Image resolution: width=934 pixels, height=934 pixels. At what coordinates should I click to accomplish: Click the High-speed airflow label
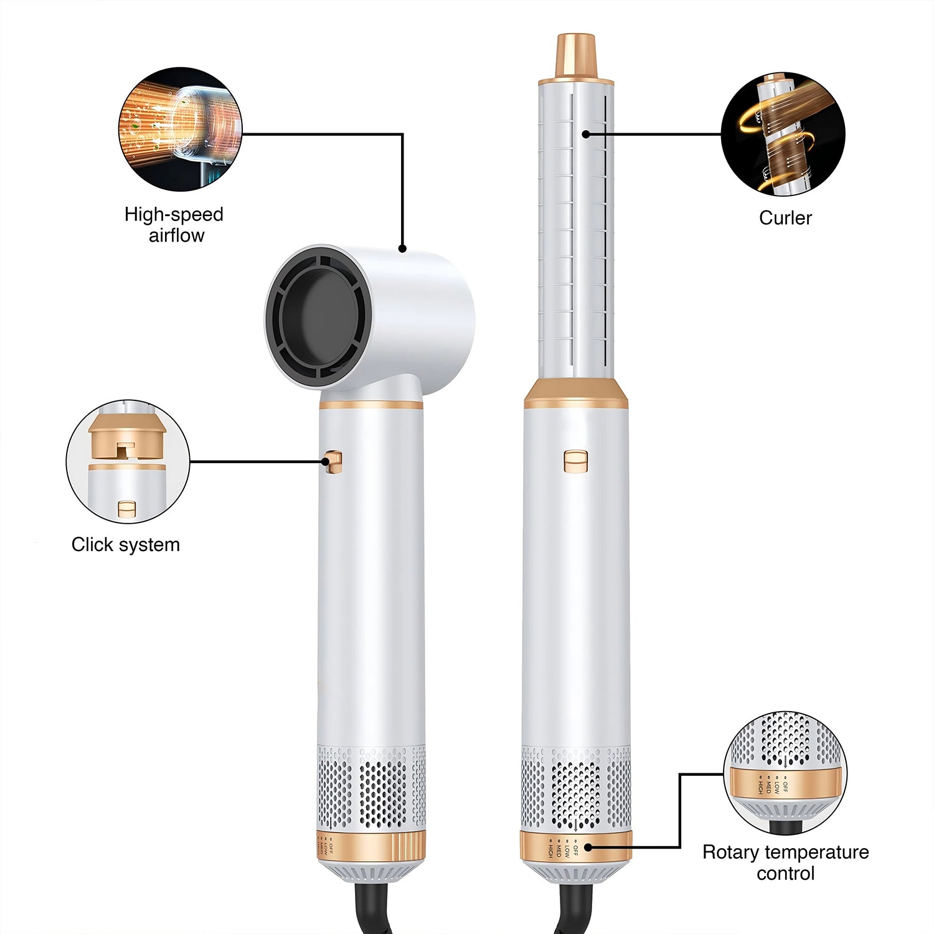pos(174,225)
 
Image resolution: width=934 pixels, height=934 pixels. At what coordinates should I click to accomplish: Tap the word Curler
pos(785,218)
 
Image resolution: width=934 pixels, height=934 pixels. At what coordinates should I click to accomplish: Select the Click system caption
pos(126,545)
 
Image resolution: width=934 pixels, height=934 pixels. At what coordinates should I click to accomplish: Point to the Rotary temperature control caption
pos(785,862)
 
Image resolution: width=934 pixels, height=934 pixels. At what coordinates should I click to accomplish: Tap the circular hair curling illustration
pos(783,134)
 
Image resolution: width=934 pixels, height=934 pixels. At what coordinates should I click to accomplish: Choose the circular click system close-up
pos(128,461)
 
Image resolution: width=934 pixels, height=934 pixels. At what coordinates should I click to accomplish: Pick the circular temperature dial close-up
pos(785,774)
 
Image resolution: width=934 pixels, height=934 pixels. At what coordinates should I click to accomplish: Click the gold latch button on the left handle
pos(334,461)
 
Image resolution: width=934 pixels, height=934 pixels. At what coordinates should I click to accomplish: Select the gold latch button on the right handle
pos(576,461)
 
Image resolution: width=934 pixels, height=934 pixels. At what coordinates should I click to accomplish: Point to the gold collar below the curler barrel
pos(576,394)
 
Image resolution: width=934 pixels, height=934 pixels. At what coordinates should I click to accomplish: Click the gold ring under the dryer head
pos(371,405)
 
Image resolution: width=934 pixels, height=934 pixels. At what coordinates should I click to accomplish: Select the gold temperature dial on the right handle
pos(576,847)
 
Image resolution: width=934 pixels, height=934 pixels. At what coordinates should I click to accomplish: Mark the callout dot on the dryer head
pos(402,248)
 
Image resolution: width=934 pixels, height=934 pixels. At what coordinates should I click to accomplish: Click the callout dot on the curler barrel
pos(586,133)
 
